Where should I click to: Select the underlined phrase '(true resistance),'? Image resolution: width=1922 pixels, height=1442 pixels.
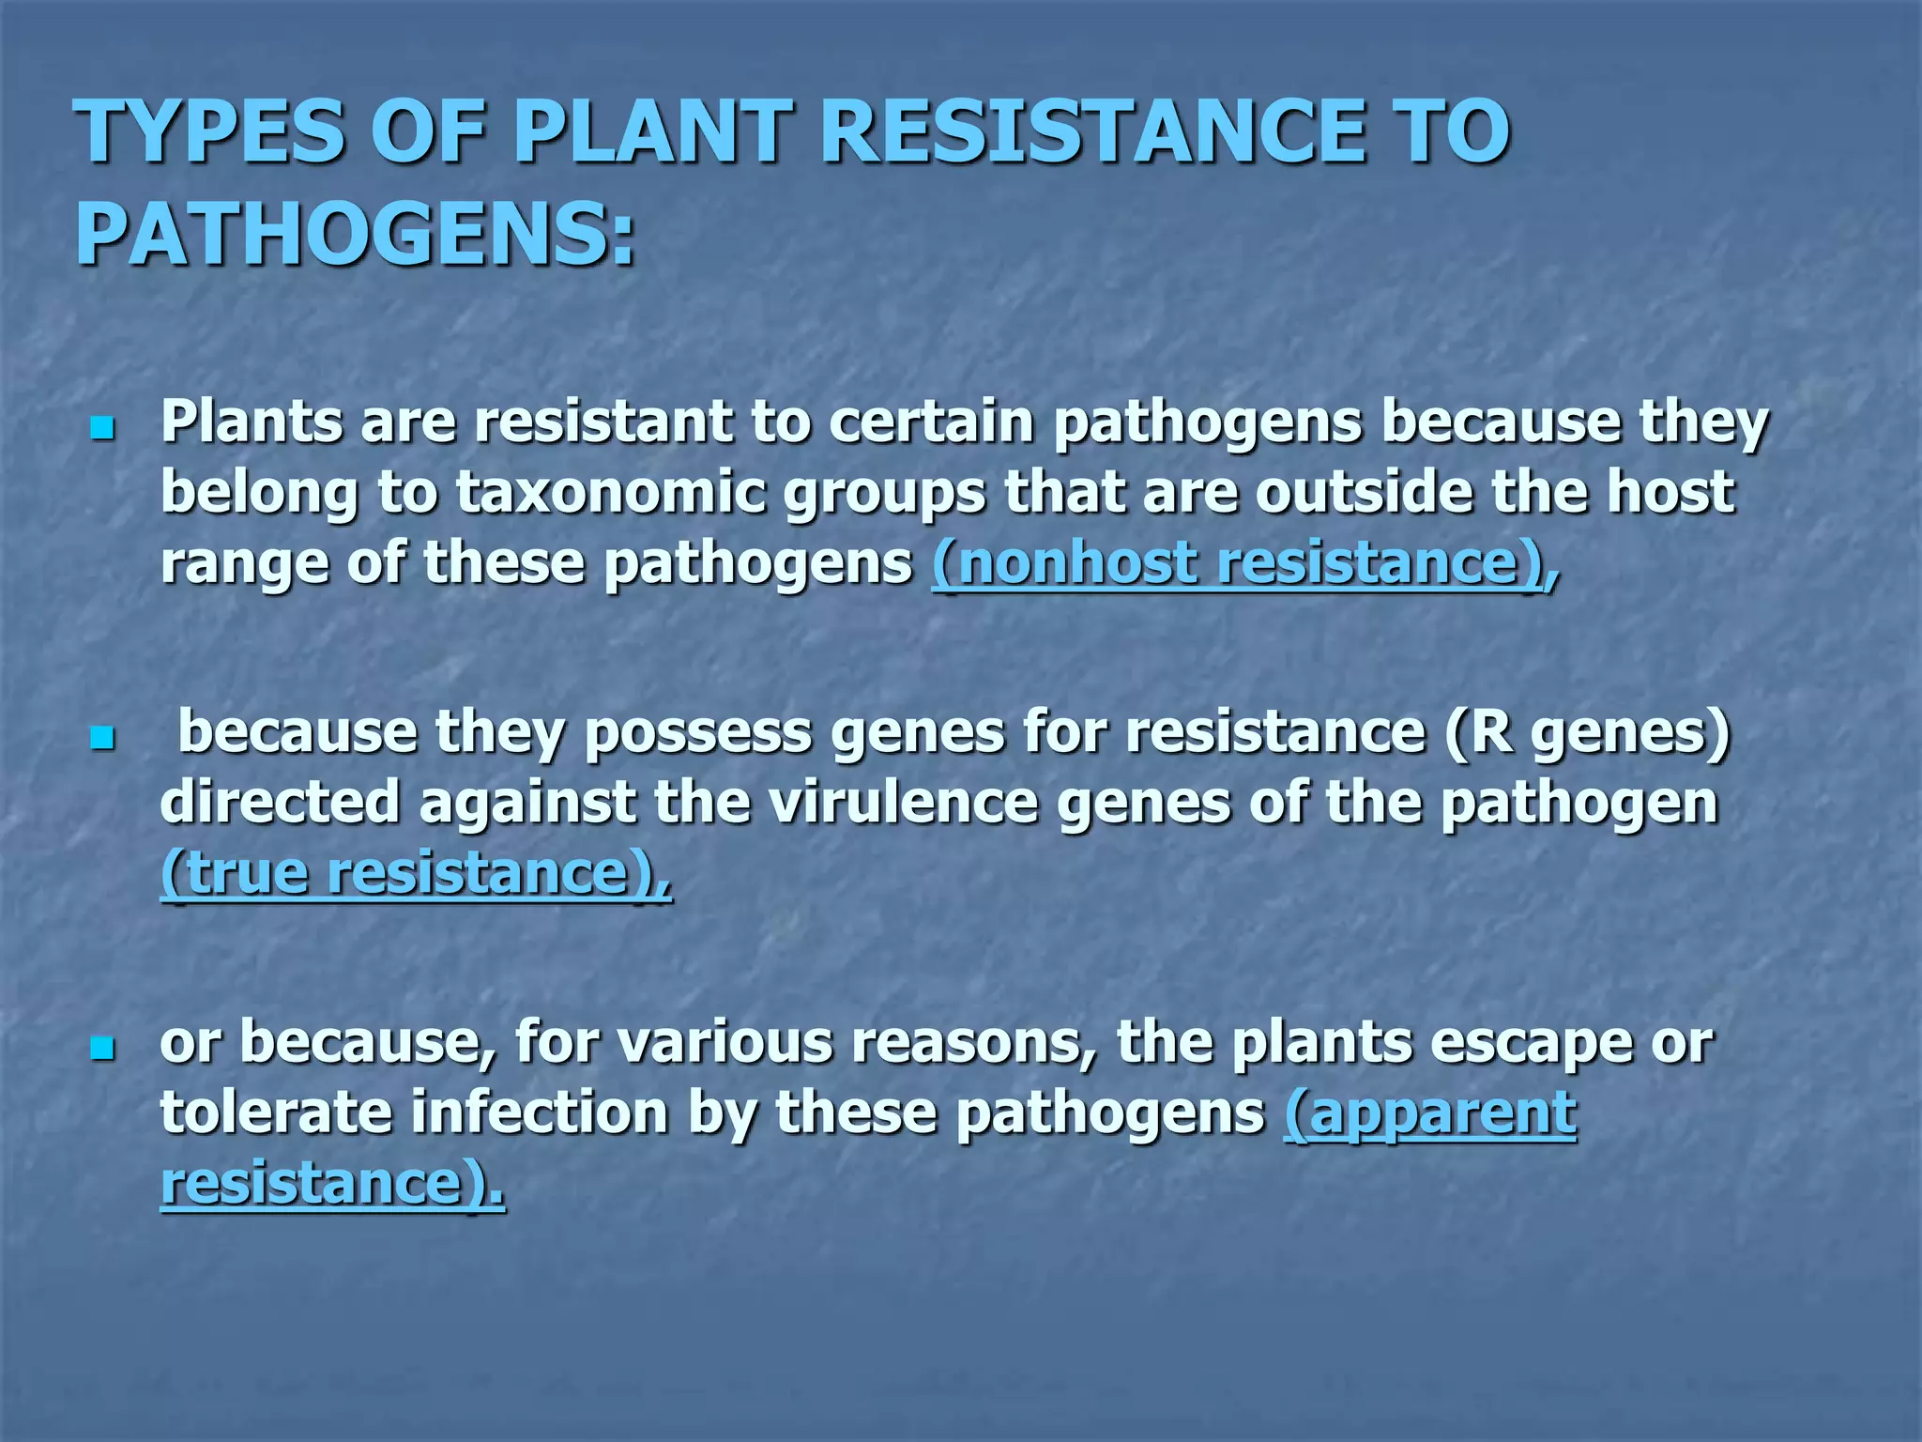(416, 873)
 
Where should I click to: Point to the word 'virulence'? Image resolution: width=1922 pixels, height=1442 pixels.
(901, 803)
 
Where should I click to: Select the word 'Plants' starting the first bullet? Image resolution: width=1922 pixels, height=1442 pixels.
(252, 422)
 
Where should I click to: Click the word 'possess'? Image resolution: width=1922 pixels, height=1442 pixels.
(698, 734)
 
